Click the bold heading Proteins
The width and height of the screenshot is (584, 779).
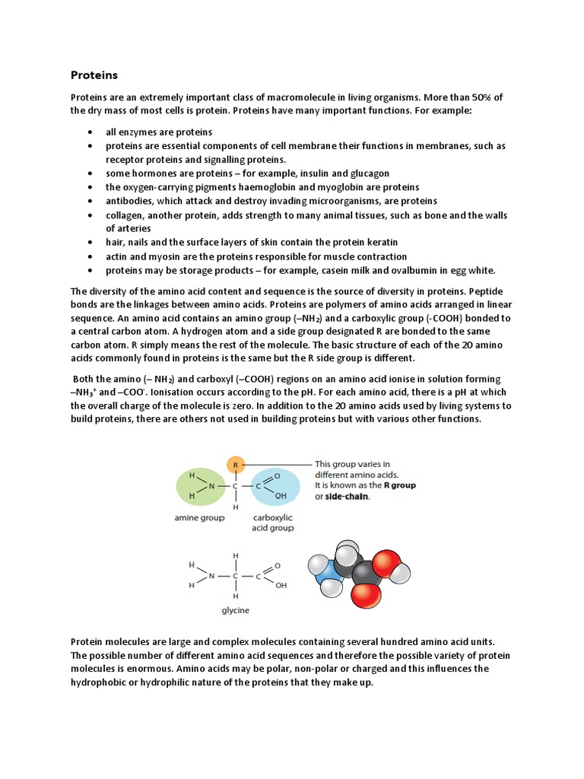click(x=94, y=75)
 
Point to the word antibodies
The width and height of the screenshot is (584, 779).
click(x=130, y=201)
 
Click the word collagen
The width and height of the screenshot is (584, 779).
click(x=125, y=215)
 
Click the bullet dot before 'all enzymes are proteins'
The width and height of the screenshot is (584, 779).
click(x=90, y=132)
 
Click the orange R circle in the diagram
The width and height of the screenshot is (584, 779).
click(x=236, y=463)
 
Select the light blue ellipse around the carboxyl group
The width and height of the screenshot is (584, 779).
click(x=273, y=487)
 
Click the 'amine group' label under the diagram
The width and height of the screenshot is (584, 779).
click(x=198, y=518)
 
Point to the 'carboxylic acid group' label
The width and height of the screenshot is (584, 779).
click(x=271, y=523)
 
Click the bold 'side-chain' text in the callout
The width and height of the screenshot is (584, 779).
click(x=348, y=496)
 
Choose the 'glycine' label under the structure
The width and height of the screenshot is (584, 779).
click(x=235, y=610)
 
